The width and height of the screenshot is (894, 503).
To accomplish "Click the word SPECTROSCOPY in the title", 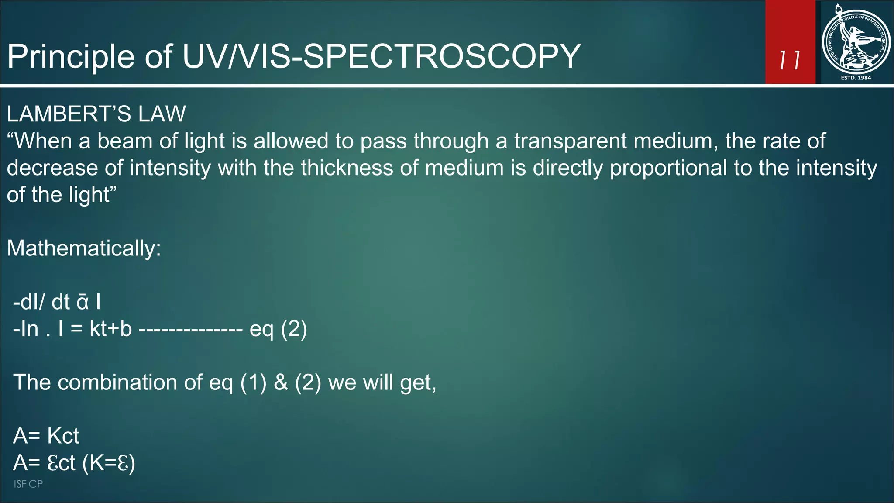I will click(x=442, y=56).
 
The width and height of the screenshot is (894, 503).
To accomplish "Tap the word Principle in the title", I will click(x=71, y=57).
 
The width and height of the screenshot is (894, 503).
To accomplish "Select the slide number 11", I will click(x=790, y=60).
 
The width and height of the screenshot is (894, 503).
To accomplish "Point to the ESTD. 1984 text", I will click(x=856, y=78).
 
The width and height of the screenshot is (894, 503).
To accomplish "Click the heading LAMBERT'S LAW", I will click(x=96, y=114).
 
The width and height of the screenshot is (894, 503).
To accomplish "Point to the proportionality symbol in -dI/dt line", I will click(x=83, y=302).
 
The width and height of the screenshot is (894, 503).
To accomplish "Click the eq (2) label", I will click(x=278, y=329).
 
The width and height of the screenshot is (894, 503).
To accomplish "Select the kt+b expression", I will click(x=110, y=329).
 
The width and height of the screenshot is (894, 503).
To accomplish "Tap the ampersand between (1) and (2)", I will click(x=281, y=382).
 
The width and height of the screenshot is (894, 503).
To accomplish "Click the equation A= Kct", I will click(x=46, y=436).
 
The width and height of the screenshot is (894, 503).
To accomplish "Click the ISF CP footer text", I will click(x=28, y=484).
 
